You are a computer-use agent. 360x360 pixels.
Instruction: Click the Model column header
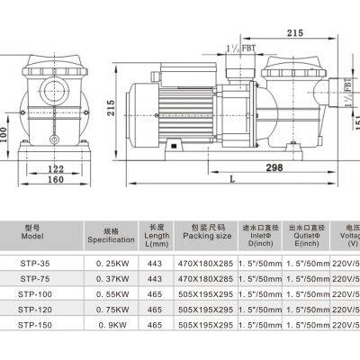coord(31,234)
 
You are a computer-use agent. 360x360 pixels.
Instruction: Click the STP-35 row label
coord(32,264)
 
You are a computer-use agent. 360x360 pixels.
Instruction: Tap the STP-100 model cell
coord(32,294)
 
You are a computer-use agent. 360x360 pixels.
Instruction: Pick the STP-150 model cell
coord(32,325)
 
